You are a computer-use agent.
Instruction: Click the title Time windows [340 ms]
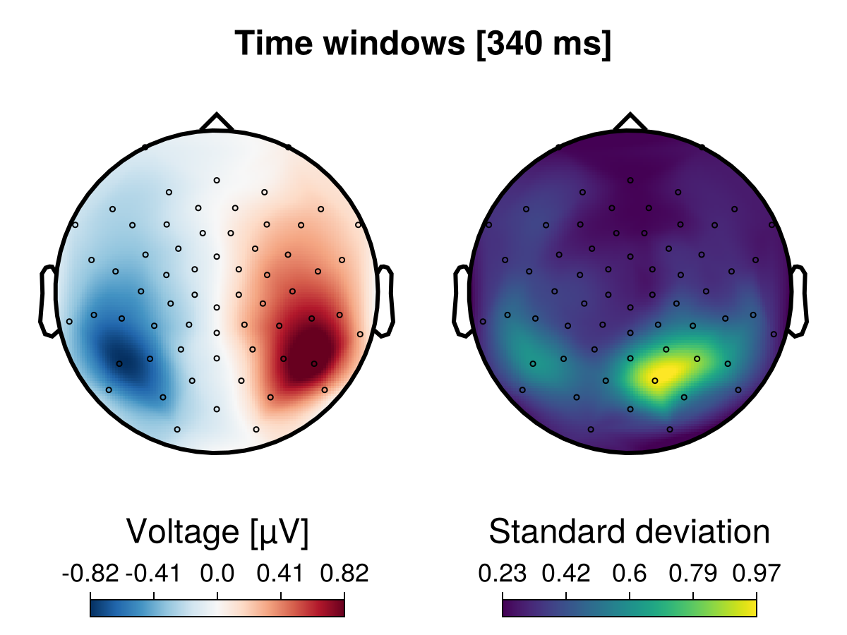click(423, 44)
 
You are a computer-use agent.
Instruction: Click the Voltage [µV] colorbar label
click(217, 531)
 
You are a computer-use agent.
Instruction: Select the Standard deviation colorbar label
click(629, 531)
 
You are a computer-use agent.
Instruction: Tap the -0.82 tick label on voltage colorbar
click(90, 574)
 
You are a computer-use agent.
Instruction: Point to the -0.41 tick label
click(153, 574)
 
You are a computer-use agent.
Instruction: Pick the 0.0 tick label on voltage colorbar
click(217, 574)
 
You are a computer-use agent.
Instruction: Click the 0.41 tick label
click(281, 574)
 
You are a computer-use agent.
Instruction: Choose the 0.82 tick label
click(344, 574)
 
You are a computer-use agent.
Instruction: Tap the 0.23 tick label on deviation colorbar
click(503, 574)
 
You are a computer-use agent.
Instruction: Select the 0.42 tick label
click(566, 574)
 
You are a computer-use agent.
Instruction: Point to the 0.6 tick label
click(630, 574)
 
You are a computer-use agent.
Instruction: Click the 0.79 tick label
click(693, 574)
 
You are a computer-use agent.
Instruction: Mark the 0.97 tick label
click(757, 574)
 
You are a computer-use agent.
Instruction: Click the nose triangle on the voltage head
click(217, 123)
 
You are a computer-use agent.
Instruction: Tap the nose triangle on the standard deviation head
click(630, 123)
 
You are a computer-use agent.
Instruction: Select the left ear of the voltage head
click(48, 300)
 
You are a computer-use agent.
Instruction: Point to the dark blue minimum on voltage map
click(120, 356)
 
